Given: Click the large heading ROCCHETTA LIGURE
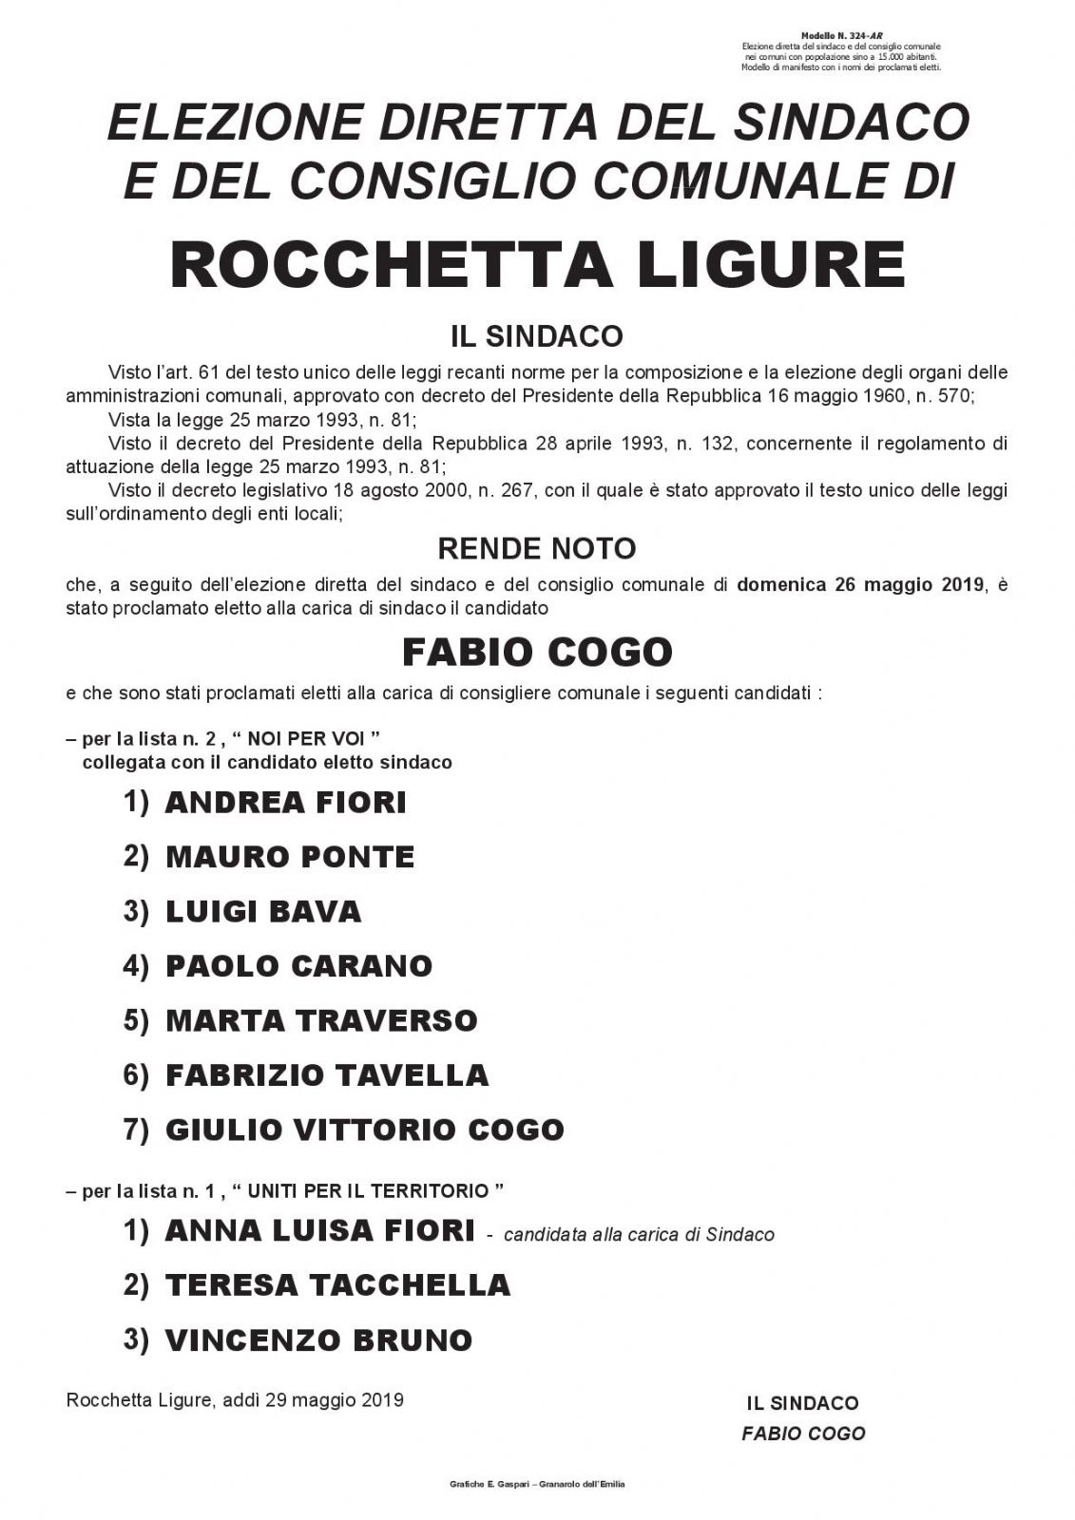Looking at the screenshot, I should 537,265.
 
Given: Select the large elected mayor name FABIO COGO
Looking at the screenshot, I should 537,652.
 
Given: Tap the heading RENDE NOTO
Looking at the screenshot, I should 537,548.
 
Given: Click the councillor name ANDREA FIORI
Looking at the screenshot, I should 285,803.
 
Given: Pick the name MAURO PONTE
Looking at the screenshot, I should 290,857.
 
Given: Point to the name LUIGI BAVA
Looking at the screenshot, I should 263,912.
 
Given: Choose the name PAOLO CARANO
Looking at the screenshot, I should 298,966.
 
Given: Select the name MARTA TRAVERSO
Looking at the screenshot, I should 321,1020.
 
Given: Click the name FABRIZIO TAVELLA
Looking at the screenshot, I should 327,1075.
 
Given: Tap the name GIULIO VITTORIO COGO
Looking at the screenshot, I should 365,1130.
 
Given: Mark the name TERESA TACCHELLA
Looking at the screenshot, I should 337,1285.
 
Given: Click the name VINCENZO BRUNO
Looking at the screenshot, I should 318,1340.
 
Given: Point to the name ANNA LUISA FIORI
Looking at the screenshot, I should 319,1231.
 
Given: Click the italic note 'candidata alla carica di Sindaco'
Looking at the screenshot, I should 639,1235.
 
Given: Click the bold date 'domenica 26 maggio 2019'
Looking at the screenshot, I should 860,585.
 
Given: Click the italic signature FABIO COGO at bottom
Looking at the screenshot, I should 803,1434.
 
